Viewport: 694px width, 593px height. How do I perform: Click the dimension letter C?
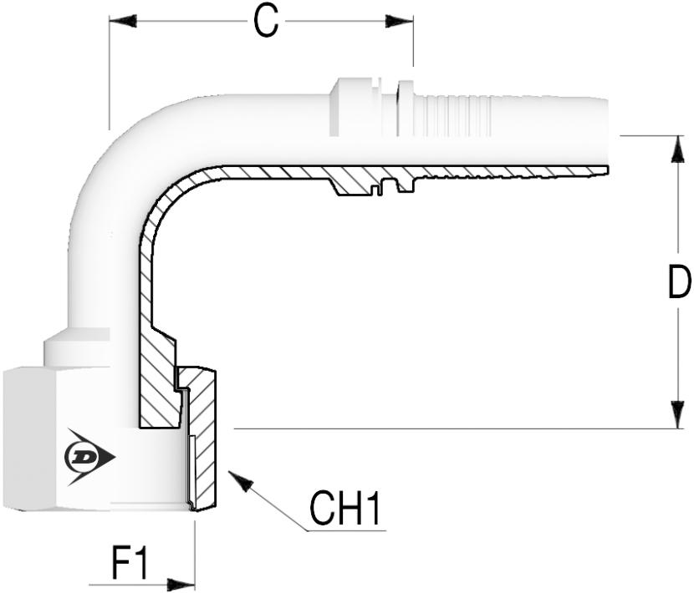point(266,22)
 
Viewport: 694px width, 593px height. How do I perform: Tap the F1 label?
point(129,564)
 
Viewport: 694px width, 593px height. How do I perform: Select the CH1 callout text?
point(344,509)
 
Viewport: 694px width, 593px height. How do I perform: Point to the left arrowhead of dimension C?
point(123,21)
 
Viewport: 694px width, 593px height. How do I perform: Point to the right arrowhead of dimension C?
point(399,21)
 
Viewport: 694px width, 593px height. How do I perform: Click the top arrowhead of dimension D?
point(677,150)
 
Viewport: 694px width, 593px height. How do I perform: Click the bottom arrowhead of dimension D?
point(677,414)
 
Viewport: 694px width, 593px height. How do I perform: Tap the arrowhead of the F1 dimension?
point(181,584)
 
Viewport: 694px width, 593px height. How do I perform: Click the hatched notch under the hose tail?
point(374,181)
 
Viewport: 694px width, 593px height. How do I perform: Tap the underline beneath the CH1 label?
point(346,530)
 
